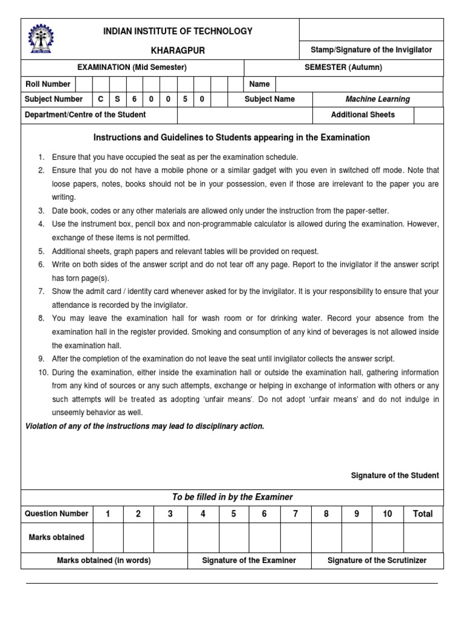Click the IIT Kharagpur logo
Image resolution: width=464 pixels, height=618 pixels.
(40, 39)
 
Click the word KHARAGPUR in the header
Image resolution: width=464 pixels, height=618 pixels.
(178, 51)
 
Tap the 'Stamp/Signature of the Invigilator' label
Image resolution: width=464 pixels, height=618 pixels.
(371, 50)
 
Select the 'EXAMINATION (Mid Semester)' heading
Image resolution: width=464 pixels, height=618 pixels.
(132, 68)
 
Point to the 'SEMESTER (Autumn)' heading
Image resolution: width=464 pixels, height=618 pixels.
(343, 68)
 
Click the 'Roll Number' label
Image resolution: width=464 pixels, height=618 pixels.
(48, 84)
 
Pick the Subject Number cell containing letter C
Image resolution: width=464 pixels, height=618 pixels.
(101, 100)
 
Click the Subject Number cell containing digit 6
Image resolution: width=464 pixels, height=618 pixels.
(135, 100)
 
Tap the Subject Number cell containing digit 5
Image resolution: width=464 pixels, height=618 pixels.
(185, 100)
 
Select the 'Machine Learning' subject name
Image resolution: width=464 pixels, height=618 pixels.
(377, 100)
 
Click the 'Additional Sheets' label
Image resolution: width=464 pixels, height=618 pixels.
(362, 115)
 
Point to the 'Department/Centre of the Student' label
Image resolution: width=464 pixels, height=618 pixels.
(85, 115)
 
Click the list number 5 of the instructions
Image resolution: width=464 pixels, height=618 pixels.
(41, 251)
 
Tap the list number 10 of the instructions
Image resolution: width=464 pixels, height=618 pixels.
(41, 373)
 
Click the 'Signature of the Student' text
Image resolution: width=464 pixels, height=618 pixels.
(395, 476)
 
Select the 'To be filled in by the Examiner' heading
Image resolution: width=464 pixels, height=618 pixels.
(232, 497)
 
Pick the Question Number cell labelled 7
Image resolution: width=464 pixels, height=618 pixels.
(295, 514)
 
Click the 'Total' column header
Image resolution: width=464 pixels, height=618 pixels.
(422, 514)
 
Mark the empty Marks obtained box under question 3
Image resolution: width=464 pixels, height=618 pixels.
(170, 537)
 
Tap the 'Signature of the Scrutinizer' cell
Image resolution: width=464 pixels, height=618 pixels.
(377, 561)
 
